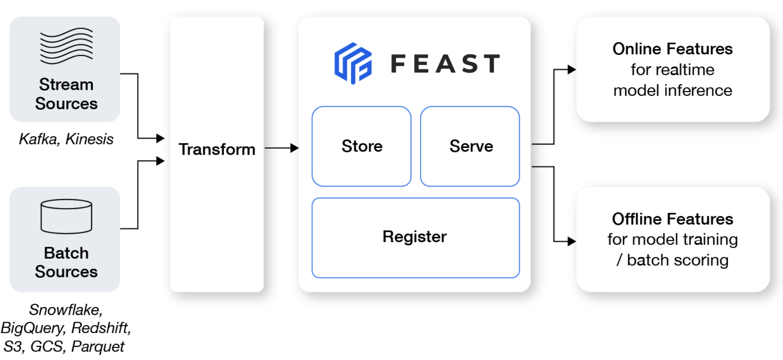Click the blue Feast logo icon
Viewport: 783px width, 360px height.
click(353, 63)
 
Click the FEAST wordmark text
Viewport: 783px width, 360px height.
click(445, 64)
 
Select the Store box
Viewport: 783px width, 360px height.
click(362, 146)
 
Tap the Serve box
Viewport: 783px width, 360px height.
click(471, 146)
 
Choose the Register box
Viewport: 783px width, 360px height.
click(415, 237)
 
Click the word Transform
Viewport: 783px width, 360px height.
click(217, 149)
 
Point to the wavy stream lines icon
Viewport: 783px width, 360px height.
click(66, 46)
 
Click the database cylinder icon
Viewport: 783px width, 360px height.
click(66, 216)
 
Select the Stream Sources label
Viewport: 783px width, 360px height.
click(66, 94)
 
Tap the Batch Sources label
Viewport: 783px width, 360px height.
click(66, 262)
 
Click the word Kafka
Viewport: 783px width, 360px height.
click(38, 139)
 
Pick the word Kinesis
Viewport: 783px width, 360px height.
click(89, 139)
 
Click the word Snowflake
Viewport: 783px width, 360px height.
click(66, 310)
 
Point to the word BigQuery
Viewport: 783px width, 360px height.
click(32, 328)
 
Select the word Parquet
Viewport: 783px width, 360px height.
click(97, 346)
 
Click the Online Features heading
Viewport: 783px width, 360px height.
click(672, 49)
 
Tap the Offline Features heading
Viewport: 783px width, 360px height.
click(672, 219)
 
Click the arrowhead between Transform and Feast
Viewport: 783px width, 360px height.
click(294, 148)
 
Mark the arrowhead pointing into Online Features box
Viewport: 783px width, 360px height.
click(572, 70)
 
